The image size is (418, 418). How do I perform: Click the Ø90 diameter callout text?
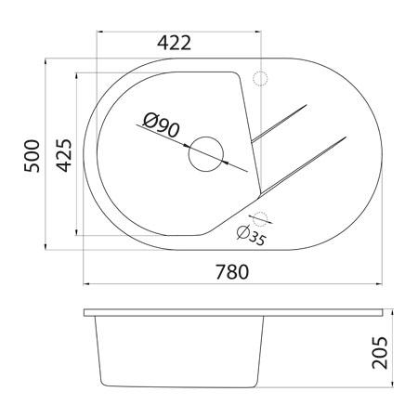tap(161, 124)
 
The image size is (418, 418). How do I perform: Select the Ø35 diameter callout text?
tap(252, 236)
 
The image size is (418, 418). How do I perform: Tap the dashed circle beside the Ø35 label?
tap(262, 219)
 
